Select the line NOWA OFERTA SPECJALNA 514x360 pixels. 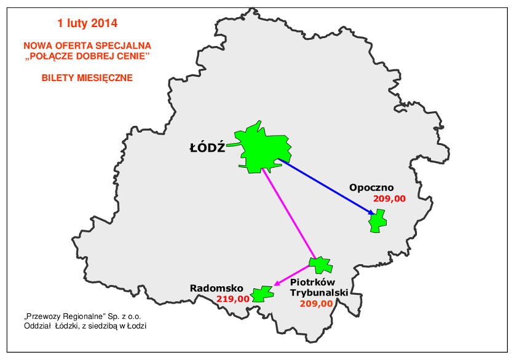pyautogui.click(x=87, y=45)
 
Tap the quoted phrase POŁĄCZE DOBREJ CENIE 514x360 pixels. pyautogui.click(x=87, y=57)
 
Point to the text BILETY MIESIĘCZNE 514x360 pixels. pyautogui.click(x=87, y=78)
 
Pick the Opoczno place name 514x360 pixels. pyautogui.click(x=371, y=187)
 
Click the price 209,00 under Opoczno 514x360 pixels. pyautogui.click(x=389, y=198)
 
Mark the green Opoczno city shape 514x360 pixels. pyautogui.click(x=378, y=221)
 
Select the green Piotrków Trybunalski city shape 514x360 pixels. pyautogui.click(x=320, y=265)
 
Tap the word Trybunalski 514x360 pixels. pyautogui.click(x=319, y=293)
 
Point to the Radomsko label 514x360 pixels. pyautogui.click(x=216, y=288)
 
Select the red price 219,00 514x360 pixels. pyautogui.click(x=233, y=299)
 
